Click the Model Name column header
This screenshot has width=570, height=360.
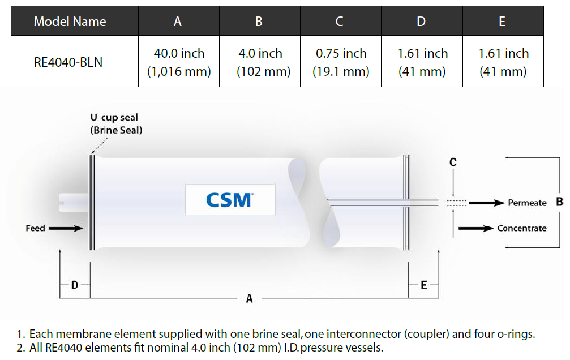pos(70,22)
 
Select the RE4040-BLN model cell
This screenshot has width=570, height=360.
pos(68,62)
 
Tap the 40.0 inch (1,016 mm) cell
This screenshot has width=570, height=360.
pos(179,62)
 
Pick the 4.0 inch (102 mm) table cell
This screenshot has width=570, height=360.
pos(260,62)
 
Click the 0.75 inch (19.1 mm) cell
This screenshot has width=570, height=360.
pos(341,62)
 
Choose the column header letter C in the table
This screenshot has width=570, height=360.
pos(339,22)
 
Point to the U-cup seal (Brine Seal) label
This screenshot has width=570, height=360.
pos(116,123)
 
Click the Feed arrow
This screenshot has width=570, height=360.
pos(66,228)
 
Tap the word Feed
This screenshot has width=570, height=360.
pos(35,228)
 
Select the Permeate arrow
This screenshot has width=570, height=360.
pos(487,203)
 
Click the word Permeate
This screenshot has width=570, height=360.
pos(527,203)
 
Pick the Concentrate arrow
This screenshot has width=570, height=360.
pos(476,228)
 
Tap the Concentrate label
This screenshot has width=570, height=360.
pos(522,228)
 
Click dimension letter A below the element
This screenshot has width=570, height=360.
pos(249,298)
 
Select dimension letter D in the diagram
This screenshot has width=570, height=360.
pos(75,285)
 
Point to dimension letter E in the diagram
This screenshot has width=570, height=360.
pos(424,285)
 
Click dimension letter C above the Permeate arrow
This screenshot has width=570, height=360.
pos(453,162)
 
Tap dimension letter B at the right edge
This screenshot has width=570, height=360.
pos(560,202)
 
